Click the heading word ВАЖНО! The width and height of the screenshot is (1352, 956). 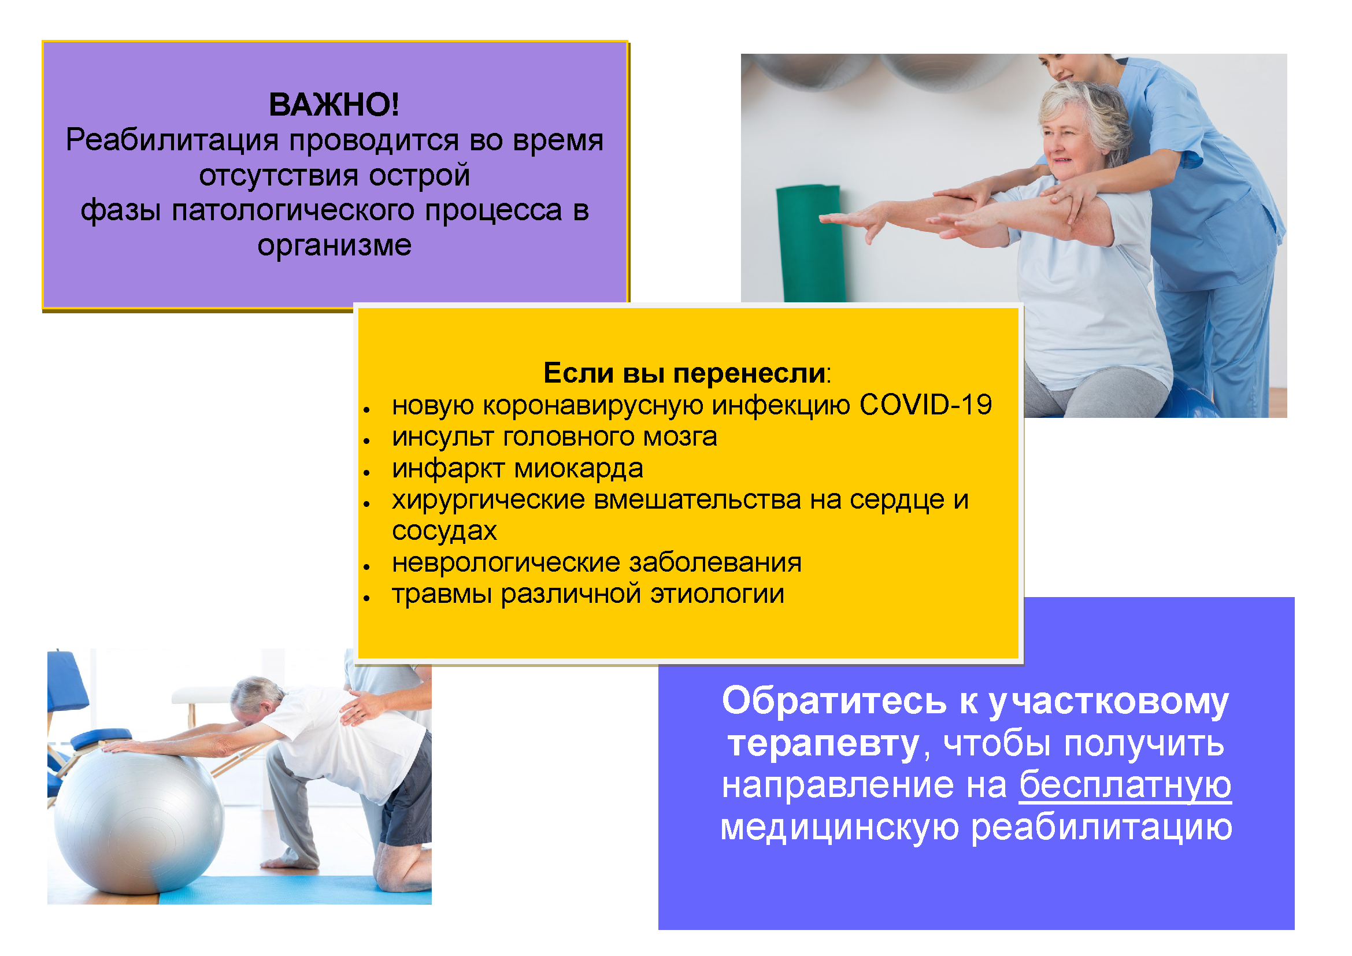pos(334,105)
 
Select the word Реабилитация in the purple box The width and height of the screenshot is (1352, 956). pos(172,140)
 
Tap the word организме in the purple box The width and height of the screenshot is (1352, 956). pos(334,246)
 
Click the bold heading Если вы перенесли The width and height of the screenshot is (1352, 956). pos(684,373)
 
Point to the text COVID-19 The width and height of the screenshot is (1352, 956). pos(925,405)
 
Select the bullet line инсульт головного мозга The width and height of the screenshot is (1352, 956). pos(554,437)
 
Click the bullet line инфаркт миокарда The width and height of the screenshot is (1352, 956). pos(517,469)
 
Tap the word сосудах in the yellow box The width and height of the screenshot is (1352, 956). pos(445,531)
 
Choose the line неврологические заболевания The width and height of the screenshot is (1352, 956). pos(597,563)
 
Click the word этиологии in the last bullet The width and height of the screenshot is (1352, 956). pos(717,594)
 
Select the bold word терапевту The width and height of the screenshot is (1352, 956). pos(823,743)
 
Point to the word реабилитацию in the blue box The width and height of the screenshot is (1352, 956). pos(1101,828)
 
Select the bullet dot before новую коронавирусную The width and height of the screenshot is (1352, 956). pos(366,409)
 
